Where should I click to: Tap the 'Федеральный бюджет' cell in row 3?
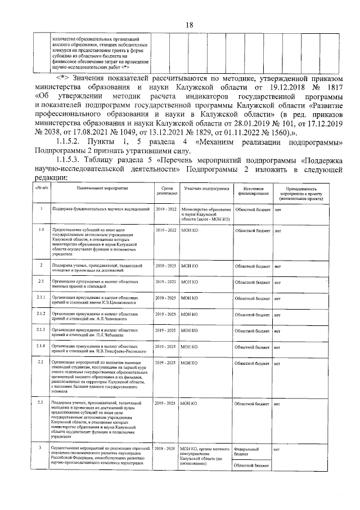point(246,451)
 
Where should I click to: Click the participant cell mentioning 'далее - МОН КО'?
point(205,214)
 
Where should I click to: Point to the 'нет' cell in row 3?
point(277,449)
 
